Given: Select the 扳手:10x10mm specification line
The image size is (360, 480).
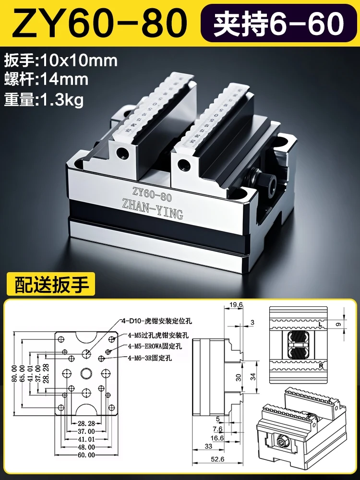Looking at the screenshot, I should pos(60,61).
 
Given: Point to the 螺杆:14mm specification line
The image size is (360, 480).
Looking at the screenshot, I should pos(46,79).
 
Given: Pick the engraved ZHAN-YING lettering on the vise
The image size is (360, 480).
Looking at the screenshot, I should pos(153,211).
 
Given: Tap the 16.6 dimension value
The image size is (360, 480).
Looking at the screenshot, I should pos(218,437).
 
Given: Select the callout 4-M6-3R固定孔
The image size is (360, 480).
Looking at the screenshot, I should pos(150,358).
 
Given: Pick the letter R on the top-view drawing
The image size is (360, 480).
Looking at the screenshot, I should pos(318,366).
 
